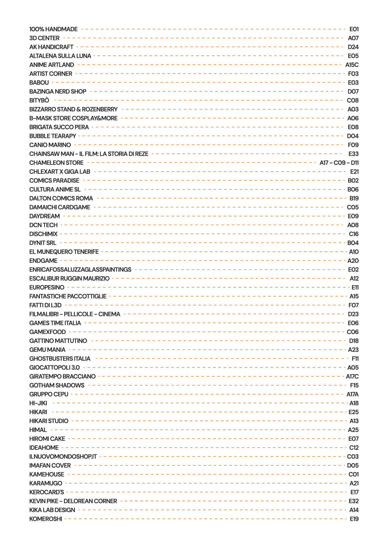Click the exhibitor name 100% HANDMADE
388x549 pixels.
[x=53, y=29]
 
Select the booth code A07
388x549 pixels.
[x=353, y=38]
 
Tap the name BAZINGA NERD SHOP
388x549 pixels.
[x=58, y=92]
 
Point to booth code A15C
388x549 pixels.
[x=352, y=65]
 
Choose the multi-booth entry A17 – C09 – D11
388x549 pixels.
[x=339, y=163]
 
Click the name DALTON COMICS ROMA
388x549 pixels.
[x=61, y=198]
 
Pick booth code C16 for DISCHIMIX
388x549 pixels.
[x=353, y=234]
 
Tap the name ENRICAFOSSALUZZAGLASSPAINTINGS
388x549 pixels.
[x=80, y=269]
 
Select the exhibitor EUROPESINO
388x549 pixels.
[x=47, y=287]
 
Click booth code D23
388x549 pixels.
[x=353, y=314]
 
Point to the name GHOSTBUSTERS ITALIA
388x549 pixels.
[x=60, y=358]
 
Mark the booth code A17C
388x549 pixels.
[x=352, y=376]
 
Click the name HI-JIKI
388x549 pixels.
[x=38, y=403]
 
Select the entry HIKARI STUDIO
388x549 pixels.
[x=49, y=421]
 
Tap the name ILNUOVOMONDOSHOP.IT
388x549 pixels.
[x=63, y=456]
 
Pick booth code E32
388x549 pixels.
[x=353, y=501]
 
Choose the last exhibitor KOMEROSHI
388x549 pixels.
[x=46, y=519]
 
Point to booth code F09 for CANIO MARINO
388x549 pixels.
[x=353, y=145]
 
